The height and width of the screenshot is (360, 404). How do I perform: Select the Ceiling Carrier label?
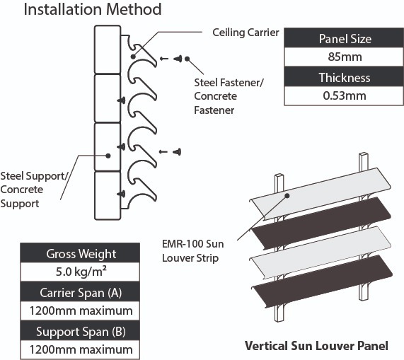(x=246, y=33)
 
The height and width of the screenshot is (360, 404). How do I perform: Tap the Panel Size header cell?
(x=344, y=38)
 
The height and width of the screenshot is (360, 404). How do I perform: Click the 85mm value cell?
(x=344, y=58)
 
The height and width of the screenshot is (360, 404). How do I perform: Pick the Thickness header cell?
(x=344, y=77)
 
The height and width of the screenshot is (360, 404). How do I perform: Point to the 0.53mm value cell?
(x=344, y=96)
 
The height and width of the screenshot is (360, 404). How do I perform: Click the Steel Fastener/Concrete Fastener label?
(x=228, y=96)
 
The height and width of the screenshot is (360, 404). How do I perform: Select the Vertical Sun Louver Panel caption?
(x=316, y=347)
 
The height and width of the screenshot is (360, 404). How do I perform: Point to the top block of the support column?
(x=108, y=50)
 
